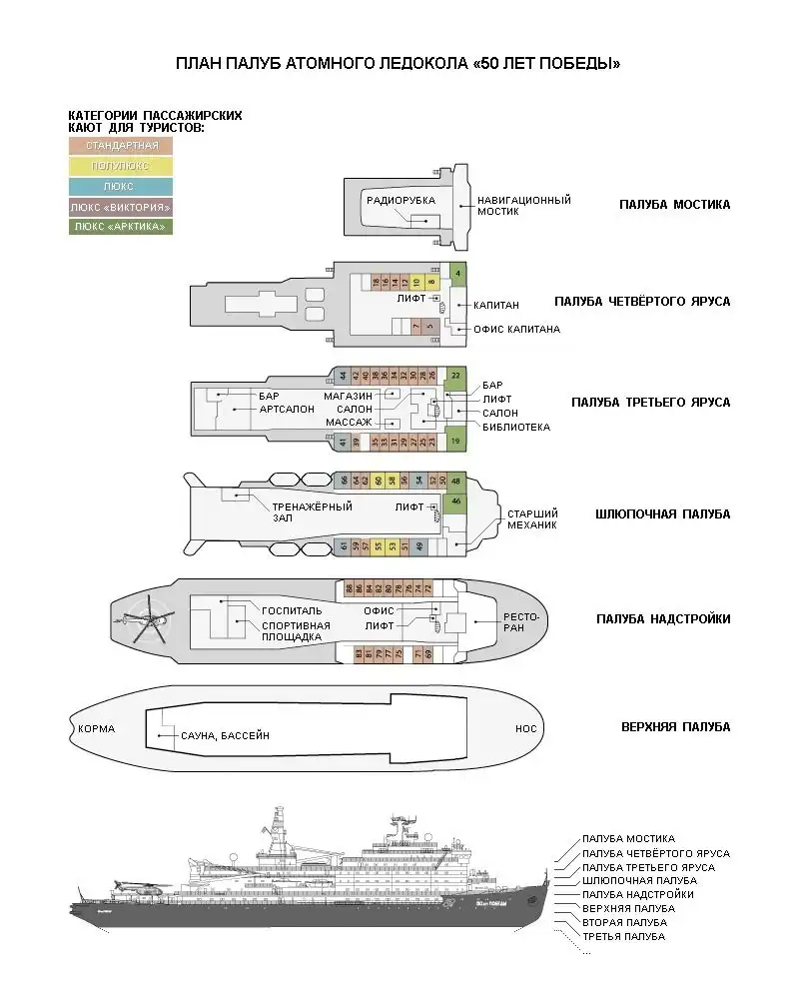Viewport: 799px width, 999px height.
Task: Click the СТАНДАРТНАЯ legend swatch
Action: pos(121,146)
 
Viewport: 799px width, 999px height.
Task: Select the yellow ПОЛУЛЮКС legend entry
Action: pos(121,166)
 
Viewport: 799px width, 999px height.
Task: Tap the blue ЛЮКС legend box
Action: pos(121,186)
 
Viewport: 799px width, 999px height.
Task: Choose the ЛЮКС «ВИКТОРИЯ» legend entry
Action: pos(121,207)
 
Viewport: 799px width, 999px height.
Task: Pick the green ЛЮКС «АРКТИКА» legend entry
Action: pos(121,227)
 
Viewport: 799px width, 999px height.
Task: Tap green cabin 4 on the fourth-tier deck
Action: pos(457,273)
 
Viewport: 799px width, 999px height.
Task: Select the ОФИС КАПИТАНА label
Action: pos(516,329)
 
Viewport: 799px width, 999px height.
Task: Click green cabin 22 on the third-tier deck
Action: pos(455,376)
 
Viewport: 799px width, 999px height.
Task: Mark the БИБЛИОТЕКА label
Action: pos(515,427)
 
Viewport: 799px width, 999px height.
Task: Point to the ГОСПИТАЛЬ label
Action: pos(291,608)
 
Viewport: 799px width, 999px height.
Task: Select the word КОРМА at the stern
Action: pos(96,728)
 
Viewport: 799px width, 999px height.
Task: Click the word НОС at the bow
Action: pos(525,729)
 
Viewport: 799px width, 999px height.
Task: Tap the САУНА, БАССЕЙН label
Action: pos(225,735)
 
